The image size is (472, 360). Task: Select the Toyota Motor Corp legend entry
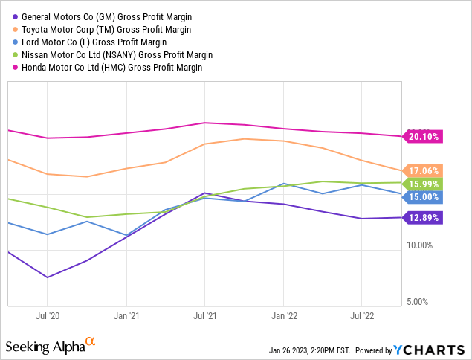pyautogui.click(x=106, y=30)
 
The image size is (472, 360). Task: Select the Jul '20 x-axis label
pyautogui.click(x=48, y=315)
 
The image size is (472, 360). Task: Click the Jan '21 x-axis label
pyautogui.click(x=126, y=315)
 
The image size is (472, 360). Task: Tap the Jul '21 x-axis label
pyautogui.click(x=204, y=315)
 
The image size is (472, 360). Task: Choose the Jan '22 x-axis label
pyautogui.click(x=283, y=315)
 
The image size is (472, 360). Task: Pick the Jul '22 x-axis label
pyautogui.click(x=362, y=315)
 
